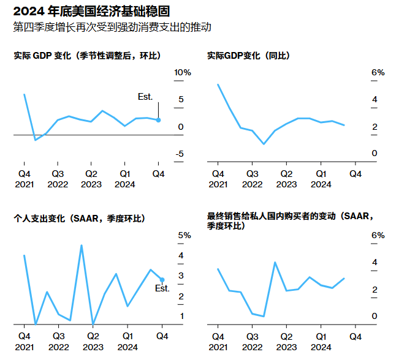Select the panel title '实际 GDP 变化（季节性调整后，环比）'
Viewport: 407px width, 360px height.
pyautogui.click(x=87, y=56)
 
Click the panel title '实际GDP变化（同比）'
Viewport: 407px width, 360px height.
pyautogui.click(x=248, y=56)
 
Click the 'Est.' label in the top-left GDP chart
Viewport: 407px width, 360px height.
pyautogui.click(x=145, y=97)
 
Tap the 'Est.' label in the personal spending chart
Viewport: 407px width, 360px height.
pyautogui.click(x=162, y=288)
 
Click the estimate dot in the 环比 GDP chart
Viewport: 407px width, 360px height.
pyautogui.click(x=158, y=120)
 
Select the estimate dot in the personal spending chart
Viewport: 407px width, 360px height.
pyautogui.click(x=162, y=280)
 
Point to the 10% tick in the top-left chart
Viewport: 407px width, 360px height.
pyautogui.click(x=183, y=73)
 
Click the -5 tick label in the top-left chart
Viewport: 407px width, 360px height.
pyautogui.click(x=179, y=154)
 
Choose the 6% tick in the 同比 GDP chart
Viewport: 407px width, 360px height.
pyautogui.click(x=378, y=73)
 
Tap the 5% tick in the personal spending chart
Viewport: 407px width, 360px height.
pyautogui.click(x=183, y=236)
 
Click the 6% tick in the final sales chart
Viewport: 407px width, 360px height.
pyautogui.click(x=378, y=236)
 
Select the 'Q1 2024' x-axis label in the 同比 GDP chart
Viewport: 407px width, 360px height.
pyautogui.click(x=321, y=179)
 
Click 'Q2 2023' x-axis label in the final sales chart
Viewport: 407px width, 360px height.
pyautogui.click(x=286, y=341)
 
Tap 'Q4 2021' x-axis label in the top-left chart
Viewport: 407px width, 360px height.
pyautogui.click(x=24, y=179)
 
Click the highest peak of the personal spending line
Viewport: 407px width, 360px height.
pyautogui.click(x=81, y=246)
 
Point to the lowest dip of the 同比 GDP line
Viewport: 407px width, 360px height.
pyautogui.click(x=264, y=144)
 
